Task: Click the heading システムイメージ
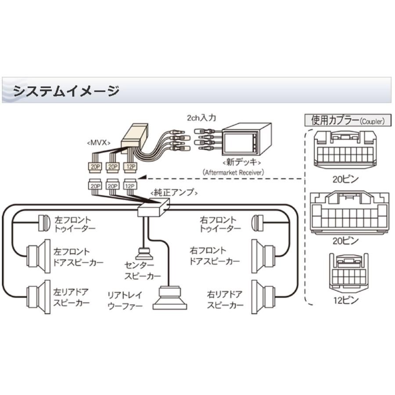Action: coord(66,91)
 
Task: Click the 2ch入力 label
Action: coord(201,118)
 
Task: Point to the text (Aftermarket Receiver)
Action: coord(234,172)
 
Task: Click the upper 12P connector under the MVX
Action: coord(130,167)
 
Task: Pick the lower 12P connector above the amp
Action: coord(130,185)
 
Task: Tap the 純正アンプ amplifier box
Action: coord(153,206)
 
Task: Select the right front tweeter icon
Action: coord(257,223)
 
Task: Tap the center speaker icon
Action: coord(144,254)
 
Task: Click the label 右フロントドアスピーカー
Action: coord(214,256)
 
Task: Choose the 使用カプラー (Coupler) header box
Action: coord(344,120)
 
